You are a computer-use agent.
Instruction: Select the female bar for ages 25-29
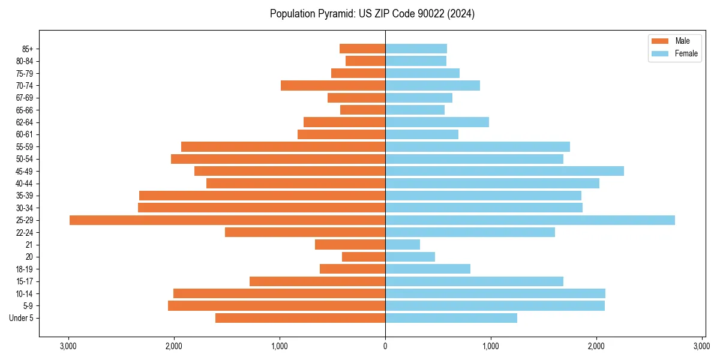pyautogui.click(x=530, y=220)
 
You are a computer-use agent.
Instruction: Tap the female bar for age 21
pyautogui.click(x=403, y=245)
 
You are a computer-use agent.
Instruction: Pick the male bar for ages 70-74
pyautogui.click(x=333, y=85)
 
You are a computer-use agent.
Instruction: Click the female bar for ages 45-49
pyautogui.click(x=505, y=171)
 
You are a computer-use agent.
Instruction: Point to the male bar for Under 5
pyautogui.click(x=300, y=318)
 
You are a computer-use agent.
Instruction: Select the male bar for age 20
pyautogui.click(x=364, y=257)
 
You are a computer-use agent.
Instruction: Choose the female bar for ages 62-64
pyautogui.click(x=437, y=122)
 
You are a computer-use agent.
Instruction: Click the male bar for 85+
pyautogui.click(x=362, y=49)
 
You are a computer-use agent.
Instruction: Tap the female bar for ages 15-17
pyautogui.click(x=474, y=281)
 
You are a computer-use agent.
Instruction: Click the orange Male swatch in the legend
pyautogui.click(x=659, y=41)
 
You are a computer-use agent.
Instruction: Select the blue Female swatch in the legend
pyautogui.click(x=659, y=53)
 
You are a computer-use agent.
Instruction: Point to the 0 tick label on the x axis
pyautogui.click(x=385, y=346)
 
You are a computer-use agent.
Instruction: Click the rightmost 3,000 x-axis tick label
pyautogui.click(x=701, y=346)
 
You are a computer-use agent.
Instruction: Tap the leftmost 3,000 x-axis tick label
pyautogui.click(x=68, y=346)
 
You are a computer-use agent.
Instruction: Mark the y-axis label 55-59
pyautogui.click(x=24, y=147)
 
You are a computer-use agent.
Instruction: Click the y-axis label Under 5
pyautogui.click(x=21, y=318)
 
